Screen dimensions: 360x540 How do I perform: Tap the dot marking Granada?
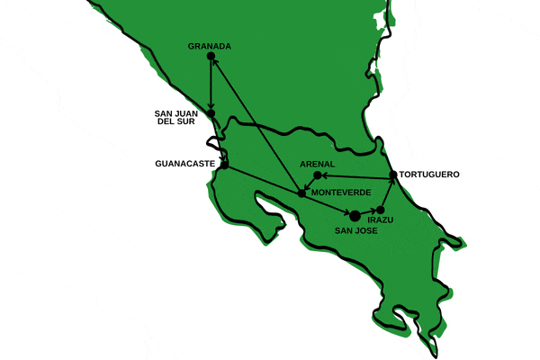(211, 56)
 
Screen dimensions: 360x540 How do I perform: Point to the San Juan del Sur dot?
(211, 113)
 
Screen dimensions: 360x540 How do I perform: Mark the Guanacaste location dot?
(224, 166)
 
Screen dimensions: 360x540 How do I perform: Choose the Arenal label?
(318, 164)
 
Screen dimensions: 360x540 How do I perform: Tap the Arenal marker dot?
(317, 175)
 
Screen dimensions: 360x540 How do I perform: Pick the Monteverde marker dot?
(301, 193)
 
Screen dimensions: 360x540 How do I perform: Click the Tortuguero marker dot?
(393, 175)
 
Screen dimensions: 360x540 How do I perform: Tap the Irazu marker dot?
(381, 209)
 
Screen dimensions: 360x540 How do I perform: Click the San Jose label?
(355, 230)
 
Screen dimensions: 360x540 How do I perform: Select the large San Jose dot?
(355, 215)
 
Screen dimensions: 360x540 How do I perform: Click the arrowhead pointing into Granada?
(213, 62)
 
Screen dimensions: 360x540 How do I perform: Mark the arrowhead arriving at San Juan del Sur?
(211, 107)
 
